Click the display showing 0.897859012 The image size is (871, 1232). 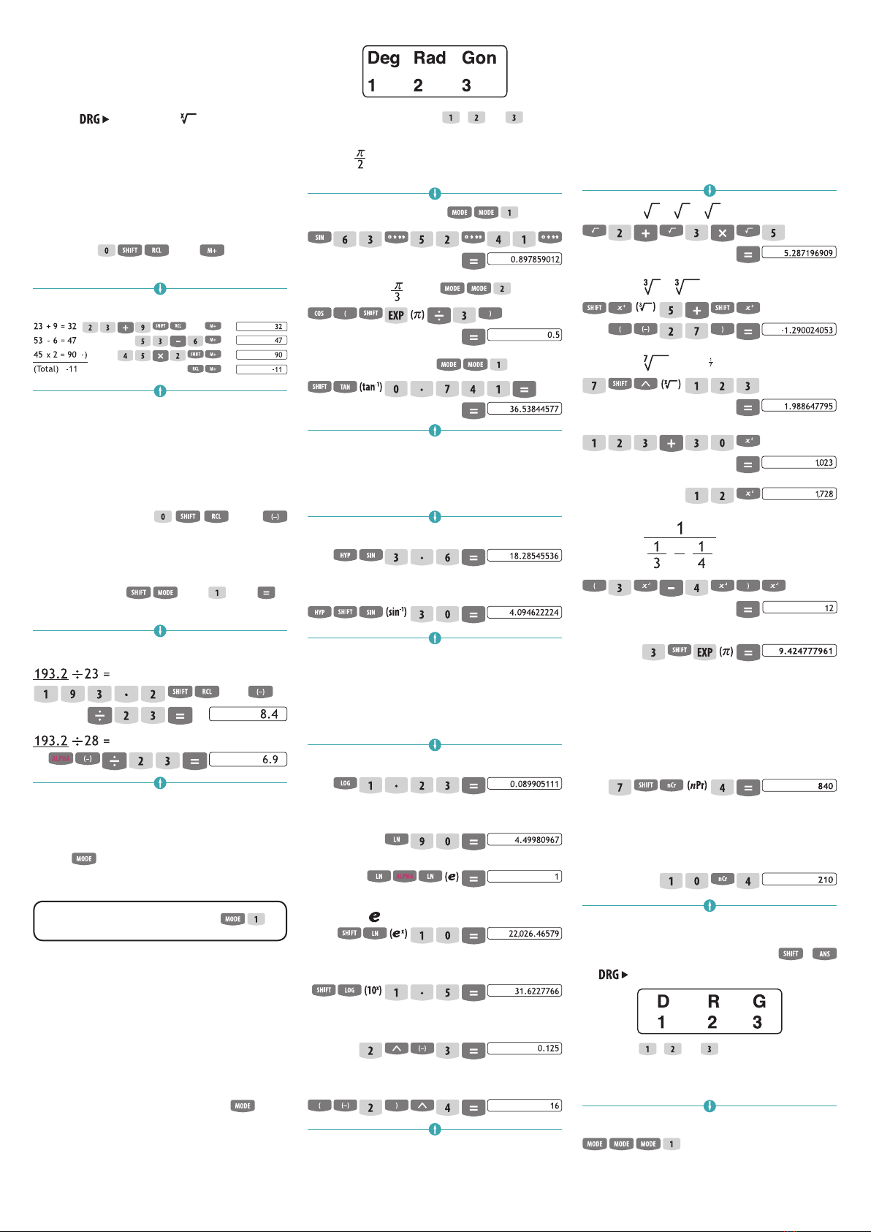click(x=525, y=259)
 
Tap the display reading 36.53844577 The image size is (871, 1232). click(x=525, y=409)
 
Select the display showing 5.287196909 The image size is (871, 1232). click(x=799, y=252)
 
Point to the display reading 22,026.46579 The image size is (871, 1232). click(x=525, y=934)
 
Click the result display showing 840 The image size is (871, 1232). click(x=799, y=786)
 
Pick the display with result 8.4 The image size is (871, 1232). click(x=248, y=714)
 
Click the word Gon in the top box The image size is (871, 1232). click(x=479, y=58)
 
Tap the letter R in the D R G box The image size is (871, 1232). click(x=713, y=1002)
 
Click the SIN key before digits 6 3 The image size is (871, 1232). click(x=319, y=238)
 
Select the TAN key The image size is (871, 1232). click(x=345, y=387)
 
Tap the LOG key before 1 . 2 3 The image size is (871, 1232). click(x=345, y=783)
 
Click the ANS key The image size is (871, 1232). click(x=824, y=953)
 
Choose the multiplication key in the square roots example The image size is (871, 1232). click(x=722, y=233)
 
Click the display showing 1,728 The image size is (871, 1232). click(x=799, y=494)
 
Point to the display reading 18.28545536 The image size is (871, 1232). click(x=525, y=556)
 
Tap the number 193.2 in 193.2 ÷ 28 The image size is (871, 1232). click(x=50, y=741)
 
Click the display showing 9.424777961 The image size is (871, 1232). click(x=799, y=651)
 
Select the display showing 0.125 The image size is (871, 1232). click(x=525, y=1048)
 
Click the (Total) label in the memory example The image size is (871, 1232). click(x=46, y=369)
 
